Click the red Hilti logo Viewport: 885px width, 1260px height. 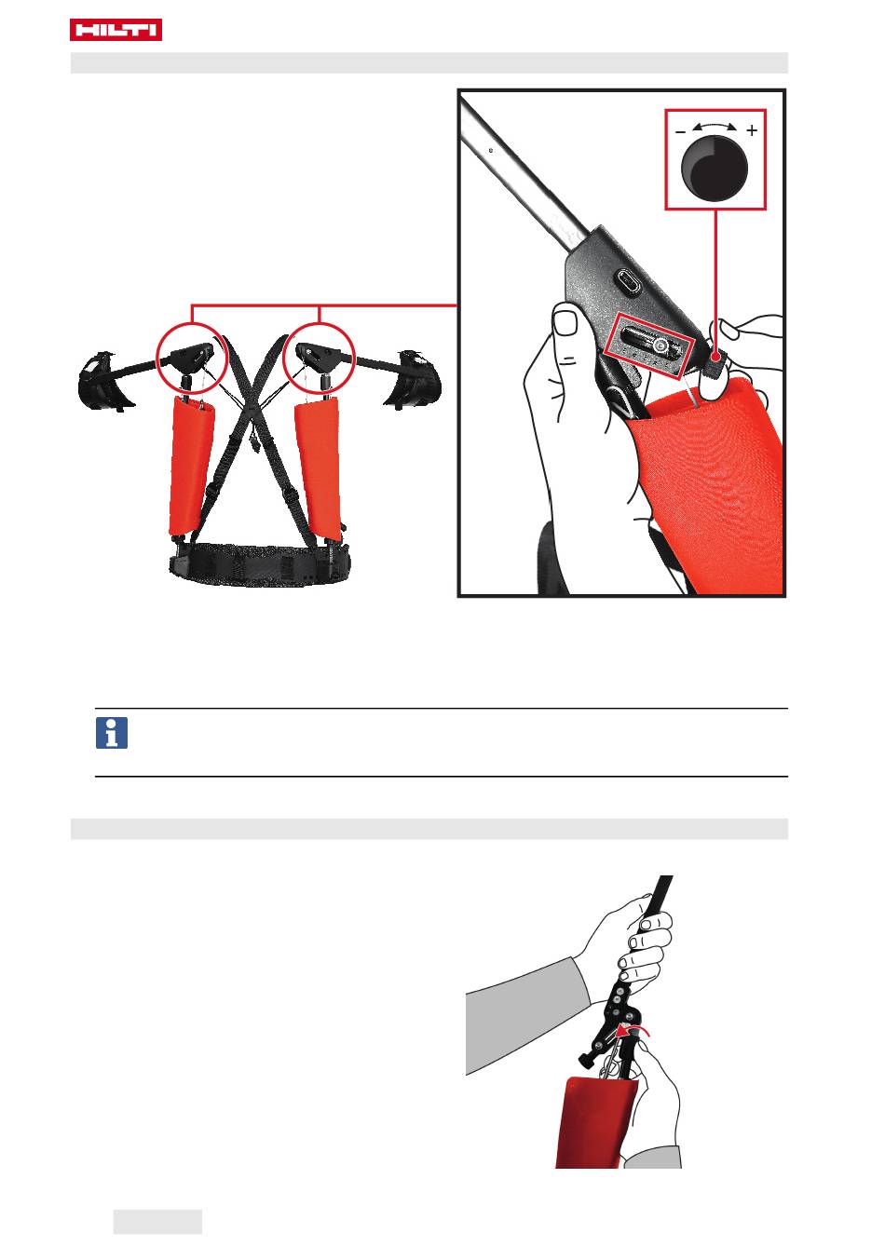pos(116,29)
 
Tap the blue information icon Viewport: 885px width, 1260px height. pos(112,732)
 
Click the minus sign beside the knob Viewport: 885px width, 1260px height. pos(680,132)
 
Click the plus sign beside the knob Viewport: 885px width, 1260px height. pos(752,130)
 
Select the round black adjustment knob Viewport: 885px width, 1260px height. pos(714,168)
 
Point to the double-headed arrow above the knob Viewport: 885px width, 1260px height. pos(714,125)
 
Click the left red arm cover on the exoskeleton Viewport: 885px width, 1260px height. pos(191,466)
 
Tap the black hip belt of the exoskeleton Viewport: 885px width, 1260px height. pos(260,564)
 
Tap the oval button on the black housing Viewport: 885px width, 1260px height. pos(628,280)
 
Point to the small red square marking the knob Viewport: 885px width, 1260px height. pos(715,357)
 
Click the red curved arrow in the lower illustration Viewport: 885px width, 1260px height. pos(633,1030)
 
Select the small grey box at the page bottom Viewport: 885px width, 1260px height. pos(157,1222)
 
